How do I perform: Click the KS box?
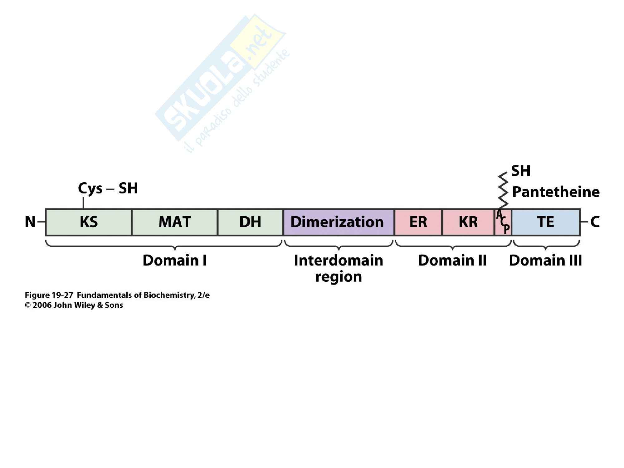pyautogui.click(x=89, y=222)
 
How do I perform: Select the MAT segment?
pyautogui.click(x=174, y=222)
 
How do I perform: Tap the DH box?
pyautogui.click(x=250, y=222)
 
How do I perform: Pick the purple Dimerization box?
pyautogui.click(x=339, y=222)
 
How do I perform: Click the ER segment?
pyautogui.click(x=418, y=222)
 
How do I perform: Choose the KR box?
pyautogui.click(x=468, y=222)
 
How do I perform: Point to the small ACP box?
pyautogui.click(x=503, y=222)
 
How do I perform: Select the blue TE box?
pyautogui.click(x=546, y=222)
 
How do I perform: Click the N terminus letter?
pyautogui.click(x=30, y=222)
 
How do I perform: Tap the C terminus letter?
pyautogui.click(x=595, y=222)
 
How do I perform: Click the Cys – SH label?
pyautogui.click(x=108, y=188)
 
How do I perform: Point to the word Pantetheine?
pyautogui.click(x=556, y=192)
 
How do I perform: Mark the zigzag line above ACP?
pyautogui.click(x=503, y=190)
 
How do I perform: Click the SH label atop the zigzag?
pyautogui.click(x=521, y=171)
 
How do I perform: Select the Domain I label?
pyautogui.click(x=174, y=261)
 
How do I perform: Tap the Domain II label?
pyautogui.click(x=452, y=261)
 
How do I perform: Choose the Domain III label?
pyautogui.click(x=545, y=261)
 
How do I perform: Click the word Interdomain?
pyautogui.click(x=339, y=261)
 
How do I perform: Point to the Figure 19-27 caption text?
pyautogui.click(x=117, y=295)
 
